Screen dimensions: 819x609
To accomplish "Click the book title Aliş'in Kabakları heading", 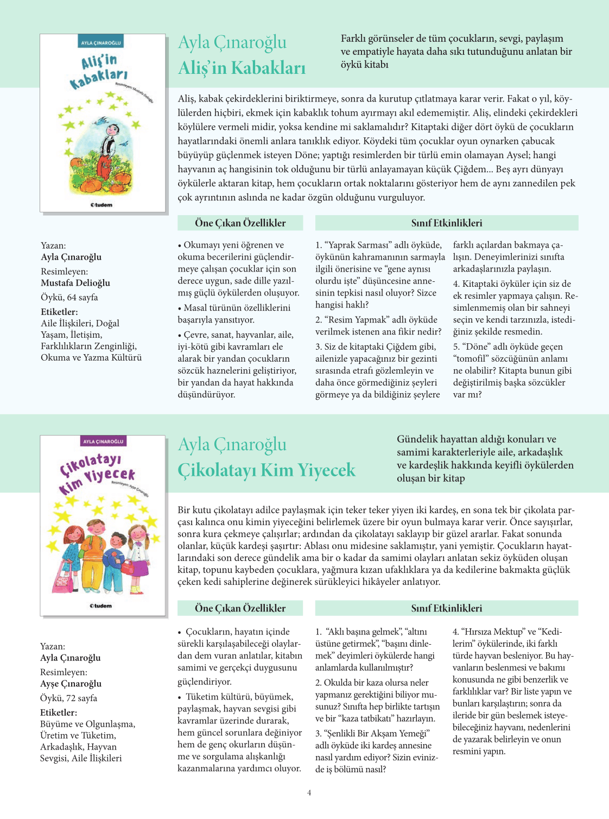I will (242, 68).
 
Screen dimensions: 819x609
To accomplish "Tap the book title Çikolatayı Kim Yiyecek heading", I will (267, 470).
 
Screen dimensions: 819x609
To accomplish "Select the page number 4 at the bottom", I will (309, 792).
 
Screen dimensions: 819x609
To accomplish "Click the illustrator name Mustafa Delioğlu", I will (75, 283).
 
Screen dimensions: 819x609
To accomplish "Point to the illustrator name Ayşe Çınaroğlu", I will (71, 684).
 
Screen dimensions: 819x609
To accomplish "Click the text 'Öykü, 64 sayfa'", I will (69, 297).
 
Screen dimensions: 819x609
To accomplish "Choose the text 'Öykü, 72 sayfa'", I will (68, 698).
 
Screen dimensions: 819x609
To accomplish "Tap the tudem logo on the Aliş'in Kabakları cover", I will (101, 205).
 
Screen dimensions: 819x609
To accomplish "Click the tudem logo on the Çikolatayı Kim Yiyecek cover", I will (101, 606).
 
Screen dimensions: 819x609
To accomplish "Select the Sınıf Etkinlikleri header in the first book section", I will (446, 223).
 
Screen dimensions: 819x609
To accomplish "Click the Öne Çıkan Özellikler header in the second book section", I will (240, 608).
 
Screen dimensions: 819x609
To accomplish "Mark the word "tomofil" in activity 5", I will (472, 358).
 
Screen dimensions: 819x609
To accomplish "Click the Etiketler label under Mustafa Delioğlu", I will (59, 312).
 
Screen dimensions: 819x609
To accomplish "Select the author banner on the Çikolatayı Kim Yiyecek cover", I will (103, 442).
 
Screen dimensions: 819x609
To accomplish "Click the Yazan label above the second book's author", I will (53, 646).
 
